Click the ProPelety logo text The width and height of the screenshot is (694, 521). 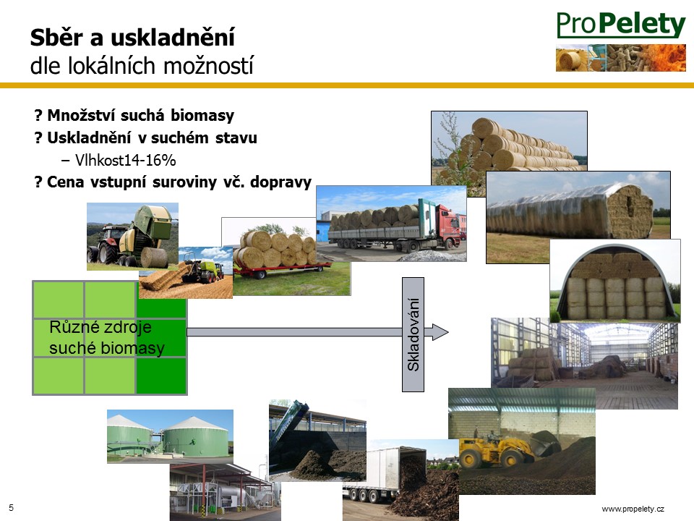pos(620,25)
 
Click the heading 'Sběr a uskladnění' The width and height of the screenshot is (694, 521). pos(132,37)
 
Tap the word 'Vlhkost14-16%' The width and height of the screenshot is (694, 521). pos(125,160)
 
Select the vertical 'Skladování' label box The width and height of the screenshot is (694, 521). pos(413,334)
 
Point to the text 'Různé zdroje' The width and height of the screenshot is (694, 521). pos(100,327)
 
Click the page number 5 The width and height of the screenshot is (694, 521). pos(11,508)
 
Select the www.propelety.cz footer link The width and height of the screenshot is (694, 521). pos(633,509)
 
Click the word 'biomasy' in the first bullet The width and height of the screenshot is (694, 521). pos(202,115)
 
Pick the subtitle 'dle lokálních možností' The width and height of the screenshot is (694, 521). pos(142,66)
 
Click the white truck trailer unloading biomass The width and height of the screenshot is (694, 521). pos(385,474)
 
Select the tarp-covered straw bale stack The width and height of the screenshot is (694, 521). pos(571,211)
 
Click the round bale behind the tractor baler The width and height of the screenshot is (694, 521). pos(154,257)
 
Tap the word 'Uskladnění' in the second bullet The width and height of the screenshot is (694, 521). pos(89,137)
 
